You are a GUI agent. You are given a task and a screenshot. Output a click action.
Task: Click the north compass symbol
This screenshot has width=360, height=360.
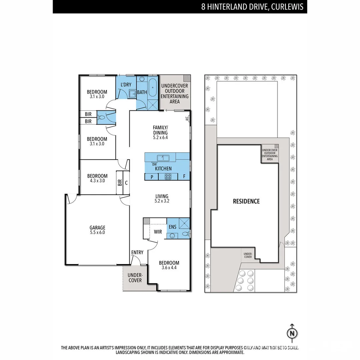click(x=292, y=333)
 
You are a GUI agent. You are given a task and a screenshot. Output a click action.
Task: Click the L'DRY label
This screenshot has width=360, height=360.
click(x=126, y=85)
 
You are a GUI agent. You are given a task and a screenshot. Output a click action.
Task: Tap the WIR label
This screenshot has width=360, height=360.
click(x=158, y=232)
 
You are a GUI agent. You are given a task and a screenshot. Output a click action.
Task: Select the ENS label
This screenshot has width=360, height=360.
click(x=172, y=227)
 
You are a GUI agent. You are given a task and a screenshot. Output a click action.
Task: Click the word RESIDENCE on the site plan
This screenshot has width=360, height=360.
click(x=246, y=201)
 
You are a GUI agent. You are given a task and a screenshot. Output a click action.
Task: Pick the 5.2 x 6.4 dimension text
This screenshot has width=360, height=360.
click(x=160, y=137)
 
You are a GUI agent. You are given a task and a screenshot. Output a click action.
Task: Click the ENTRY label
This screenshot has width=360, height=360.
click(x=137, y=252)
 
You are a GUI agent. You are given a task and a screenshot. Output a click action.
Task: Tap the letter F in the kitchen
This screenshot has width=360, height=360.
click(x=184, y=177)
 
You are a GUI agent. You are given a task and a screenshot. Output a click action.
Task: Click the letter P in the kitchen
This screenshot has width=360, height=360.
click(x=152, y=177)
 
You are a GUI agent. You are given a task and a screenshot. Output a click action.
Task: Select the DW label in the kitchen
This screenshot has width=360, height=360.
click(x=154, y=164)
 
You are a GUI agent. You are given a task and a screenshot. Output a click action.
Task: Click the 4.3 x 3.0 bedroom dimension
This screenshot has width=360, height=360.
click(x=97, y=181)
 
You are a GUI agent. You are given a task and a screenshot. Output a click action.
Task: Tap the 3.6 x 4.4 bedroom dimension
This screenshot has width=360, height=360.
click(x=169, y=267)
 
